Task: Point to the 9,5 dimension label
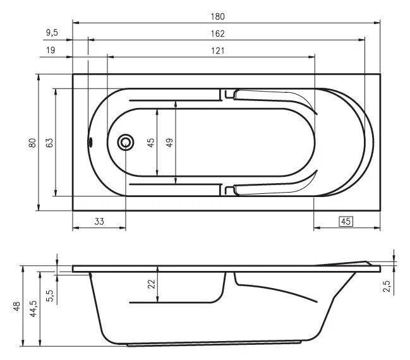[54, 33]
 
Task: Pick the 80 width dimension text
[32, 143]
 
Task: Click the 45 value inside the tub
[150, 143]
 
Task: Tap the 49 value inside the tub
[169, 143]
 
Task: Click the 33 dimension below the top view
[99, 221]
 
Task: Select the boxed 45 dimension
[346, 221]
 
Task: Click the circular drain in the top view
[126, 143]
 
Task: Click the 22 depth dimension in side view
[151, 285]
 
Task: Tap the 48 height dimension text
[15, 306]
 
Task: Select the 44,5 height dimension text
[33, 309]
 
